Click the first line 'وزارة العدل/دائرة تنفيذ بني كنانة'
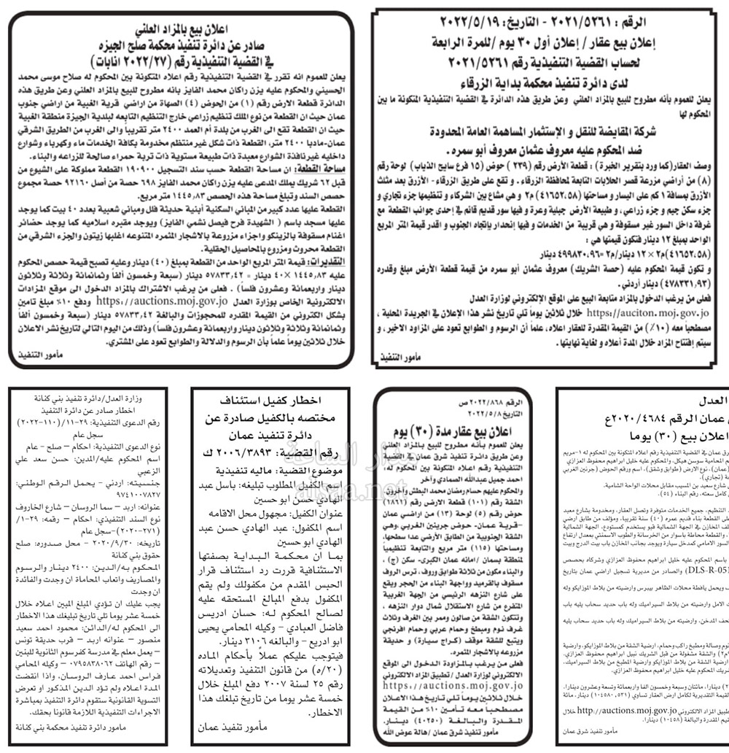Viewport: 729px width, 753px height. [x=80, y=398]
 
